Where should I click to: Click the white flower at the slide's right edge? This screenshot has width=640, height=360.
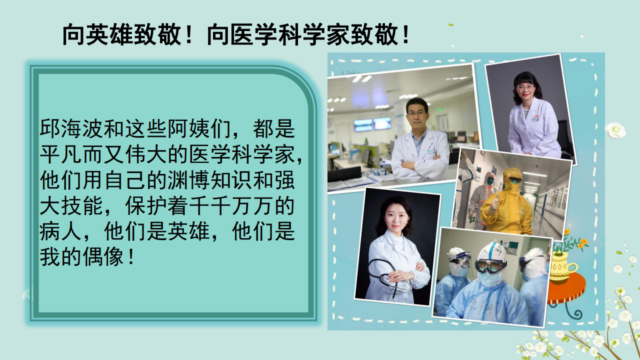click(x=615, y=130)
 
